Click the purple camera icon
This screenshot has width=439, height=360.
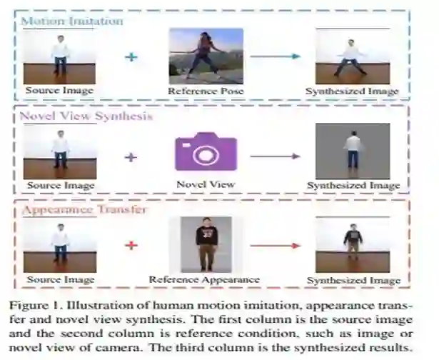206,151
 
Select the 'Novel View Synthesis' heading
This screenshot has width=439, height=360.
86,116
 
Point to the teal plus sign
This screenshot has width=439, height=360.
131,55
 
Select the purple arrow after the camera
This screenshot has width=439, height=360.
275,155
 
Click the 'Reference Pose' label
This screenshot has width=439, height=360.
206,91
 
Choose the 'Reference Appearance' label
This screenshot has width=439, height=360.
205,279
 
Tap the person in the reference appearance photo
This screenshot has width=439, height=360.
206,243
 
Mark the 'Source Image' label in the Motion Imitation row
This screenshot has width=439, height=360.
59,91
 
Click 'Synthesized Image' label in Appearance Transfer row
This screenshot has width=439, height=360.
352,281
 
